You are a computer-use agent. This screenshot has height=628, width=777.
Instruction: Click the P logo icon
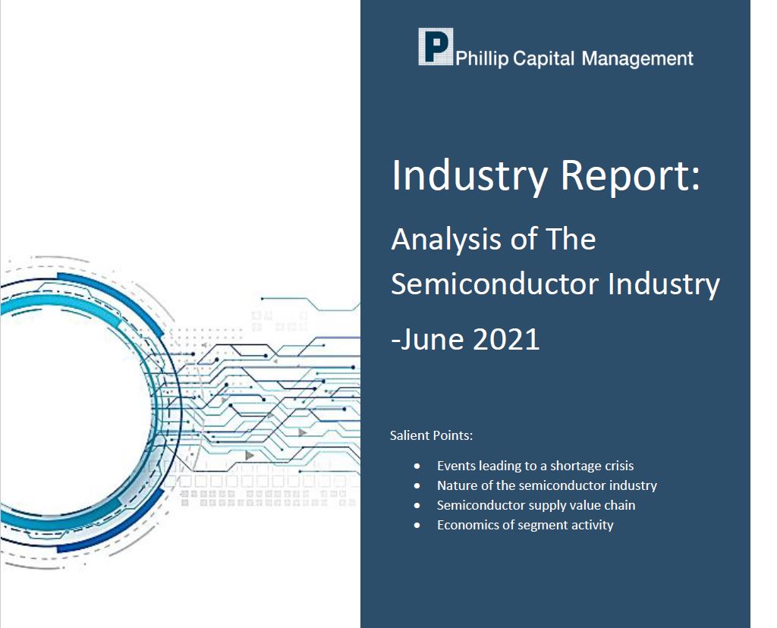pos(436,46)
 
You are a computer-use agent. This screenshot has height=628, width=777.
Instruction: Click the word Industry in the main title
pos(469,177)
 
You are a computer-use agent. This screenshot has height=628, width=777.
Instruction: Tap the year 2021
pos(506,339)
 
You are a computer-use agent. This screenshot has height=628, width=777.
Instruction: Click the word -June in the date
pos(428,339)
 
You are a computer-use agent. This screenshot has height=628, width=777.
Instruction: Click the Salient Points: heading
pos(432,435)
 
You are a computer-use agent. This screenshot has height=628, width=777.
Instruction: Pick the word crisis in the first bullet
pos(617,466)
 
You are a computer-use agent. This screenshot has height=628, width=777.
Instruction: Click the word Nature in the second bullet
pos(455,485)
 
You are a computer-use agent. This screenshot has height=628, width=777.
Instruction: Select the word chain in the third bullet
pos(620,505)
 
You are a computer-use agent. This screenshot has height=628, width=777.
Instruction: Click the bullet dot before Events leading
pos(417,466)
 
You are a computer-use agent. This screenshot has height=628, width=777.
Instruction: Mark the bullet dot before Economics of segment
pos(417,525)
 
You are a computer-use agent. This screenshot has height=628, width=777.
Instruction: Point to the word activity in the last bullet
pos(592,525)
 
